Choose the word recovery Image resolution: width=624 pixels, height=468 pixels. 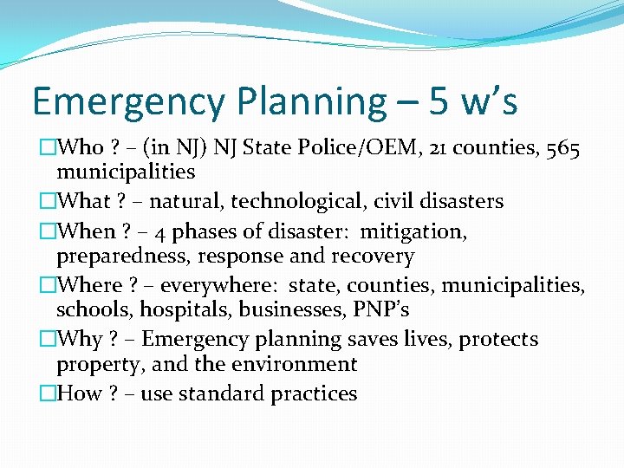click(x=375, y=257)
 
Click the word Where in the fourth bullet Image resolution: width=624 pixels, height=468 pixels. click(x=89, y=285)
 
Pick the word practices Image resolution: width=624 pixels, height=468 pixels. click(x=314, y=393)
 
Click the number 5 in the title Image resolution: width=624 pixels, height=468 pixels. click(x=439, y=101)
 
